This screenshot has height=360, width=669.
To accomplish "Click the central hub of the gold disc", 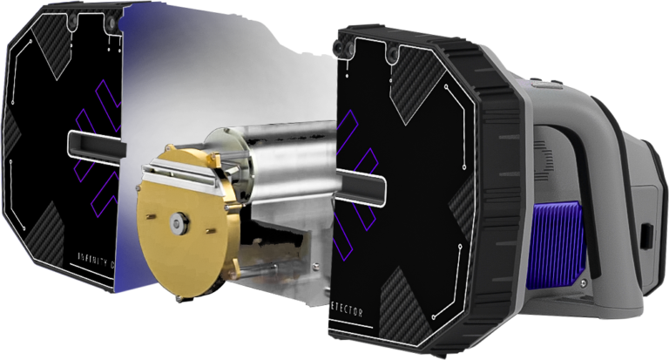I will pos(179,223).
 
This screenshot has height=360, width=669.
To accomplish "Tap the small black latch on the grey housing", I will pos(648,235).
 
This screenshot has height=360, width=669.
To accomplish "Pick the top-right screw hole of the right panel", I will pos(397,57).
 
